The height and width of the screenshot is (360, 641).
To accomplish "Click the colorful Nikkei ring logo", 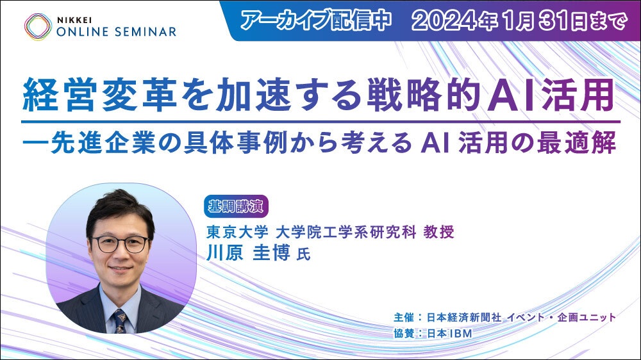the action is point(38,27).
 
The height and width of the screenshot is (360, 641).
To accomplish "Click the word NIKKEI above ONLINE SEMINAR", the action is point(74,20).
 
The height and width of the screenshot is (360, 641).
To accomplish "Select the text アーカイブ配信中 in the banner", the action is point(316,20).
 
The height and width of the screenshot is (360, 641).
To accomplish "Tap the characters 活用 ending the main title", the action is point(578,95).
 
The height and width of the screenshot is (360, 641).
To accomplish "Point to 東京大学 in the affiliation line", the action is point(237,232).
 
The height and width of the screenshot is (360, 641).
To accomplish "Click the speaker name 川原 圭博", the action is point(249,253).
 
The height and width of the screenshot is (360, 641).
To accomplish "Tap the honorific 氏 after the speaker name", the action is point(303,254).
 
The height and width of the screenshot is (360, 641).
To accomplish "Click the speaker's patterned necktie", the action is point(121,321).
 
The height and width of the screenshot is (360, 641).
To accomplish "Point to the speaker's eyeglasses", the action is point(119,244).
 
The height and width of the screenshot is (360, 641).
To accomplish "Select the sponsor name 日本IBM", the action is point(450,334).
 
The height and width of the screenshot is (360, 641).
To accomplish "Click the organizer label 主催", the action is point(404,318).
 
